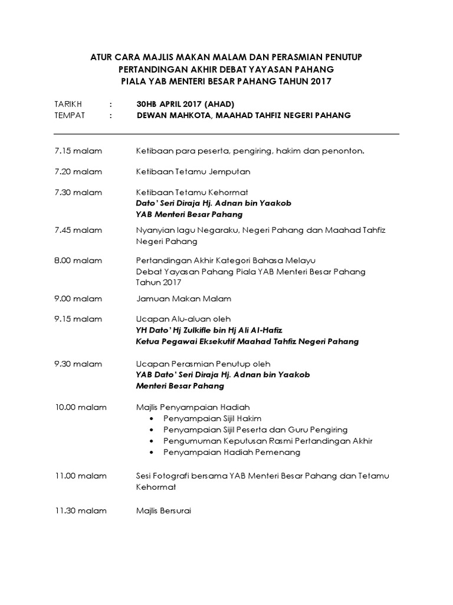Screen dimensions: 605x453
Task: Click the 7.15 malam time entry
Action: coord(78,151)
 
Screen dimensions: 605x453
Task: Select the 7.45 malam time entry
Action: coord(78,230)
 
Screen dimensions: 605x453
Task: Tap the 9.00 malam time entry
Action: coord(78,298)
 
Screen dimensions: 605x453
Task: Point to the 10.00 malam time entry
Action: coord(80,407)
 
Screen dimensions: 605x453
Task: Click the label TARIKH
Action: coord(68,103)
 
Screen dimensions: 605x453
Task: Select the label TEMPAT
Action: coord(69,115)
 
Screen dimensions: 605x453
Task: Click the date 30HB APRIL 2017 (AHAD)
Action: coord(186,103)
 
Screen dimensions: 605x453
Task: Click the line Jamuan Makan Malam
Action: coord(183,298)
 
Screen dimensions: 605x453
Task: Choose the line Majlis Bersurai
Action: coord(163,510)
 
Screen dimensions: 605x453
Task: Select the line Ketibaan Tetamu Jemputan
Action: coord(193,172)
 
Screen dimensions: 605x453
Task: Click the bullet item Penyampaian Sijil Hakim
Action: coord(212,418)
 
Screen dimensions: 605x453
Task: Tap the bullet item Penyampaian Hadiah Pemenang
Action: coord(232,453)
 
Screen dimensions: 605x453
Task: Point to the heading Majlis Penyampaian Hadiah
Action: coord(193,407)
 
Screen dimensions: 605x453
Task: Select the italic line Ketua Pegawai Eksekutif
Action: coord(247,341)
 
